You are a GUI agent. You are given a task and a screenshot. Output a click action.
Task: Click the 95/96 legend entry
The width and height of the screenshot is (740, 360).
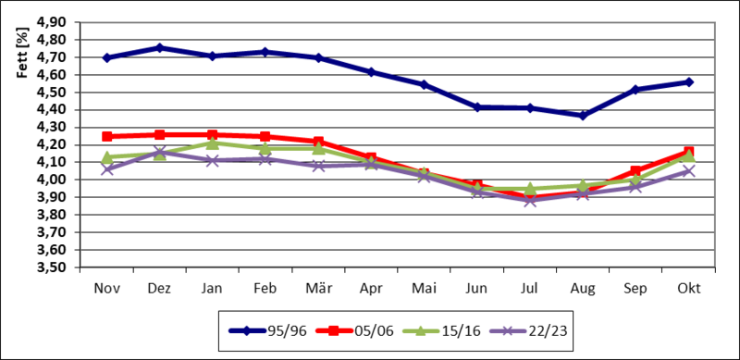tap(267, 330)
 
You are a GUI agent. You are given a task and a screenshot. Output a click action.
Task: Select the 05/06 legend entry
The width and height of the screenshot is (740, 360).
tap(354, 330)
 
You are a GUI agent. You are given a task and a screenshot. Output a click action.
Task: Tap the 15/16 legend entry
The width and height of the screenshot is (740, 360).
tap(441, 330)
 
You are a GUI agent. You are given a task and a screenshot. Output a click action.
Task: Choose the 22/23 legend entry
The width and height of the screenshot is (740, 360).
tap(528, 330)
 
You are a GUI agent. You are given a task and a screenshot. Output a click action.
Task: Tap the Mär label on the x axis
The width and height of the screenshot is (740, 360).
tap(318, 289)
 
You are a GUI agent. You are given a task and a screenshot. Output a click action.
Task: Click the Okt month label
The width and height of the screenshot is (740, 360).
tap(688, 289)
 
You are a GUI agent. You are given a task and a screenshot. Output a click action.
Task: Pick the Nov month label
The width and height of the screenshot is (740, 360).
tap(107, 289)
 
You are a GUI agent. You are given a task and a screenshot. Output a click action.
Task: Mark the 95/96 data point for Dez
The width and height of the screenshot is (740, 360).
tap(159, 48)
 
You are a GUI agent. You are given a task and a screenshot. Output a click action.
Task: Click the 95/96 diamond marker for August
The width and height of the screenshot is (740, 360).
tap(583, 116)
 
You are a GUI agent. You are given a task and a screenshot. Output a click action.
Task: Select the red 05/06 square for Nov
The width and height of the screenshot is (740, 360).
tap(107, 137)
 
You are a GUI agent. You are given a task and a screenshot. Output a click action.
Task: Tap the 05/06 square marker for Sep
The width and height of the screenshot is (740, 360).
tap(635, 171)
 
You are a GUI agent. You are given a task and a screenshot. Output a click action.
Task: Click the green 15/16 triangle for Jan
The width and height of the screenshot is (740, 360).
tap(213, 143)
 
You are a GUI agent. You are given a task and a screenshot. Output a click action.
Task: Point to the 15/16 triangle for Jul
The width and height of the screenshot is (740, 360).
tap(530, 189)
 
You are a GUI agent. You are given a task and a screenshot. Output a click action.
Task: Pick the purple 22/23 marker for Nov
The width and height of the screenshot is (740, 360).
tap(107, 169)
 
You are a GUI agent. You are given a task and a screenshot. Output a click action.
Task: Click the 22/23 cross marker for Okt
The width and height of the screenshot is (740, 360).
tap(688, 171)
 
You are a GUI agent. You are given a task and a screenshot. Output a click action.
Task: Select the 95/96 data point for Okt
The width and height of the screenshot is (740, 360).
tap(688, 81)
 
